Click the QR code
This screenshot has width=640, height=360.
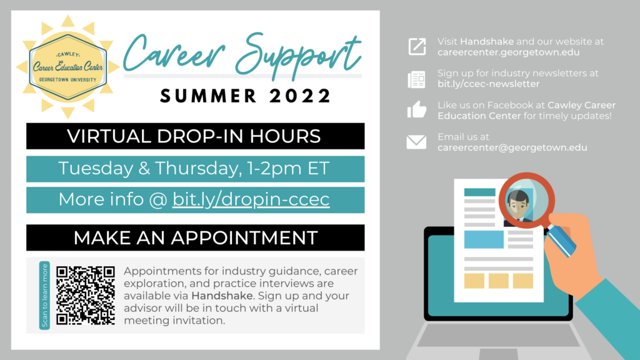tap(85, 296)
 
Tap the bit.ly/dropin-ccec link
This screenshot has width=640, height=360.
tap(251, 199)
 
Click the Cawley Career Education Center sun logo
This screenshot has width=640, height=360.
tap(67, 67)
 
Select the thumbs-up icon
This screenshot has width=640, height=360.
tap(416, 110)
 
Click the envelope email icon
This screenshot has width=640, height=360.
tap(416, 142)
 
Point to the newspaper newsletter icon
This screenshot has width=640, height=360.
tap(416, 79)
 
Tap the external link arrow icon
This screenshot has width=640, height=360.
tap(417, 46)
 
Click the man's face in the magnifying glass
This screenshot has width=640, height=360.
tap(519, 205)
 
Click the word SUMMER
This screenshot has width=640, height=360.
tap(209, 96)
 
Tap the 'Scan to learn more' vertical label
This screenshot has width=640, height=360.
tap(44, 296)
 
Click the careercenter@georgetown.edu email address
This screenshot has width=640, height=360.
tap(512, 147)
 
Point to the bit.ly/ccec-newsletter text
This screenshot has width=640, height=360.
tap(489, 84)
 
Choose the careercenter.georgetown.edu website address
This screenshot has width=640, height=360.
tap(509, 52)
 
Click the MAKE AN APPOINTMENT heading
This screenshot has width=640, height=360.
tap(196, 238)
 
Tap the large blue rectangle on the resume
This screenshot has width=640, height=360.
tap(484, 239)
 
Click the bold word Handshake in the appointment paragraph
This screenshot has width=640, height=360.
tap(222, 296)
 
